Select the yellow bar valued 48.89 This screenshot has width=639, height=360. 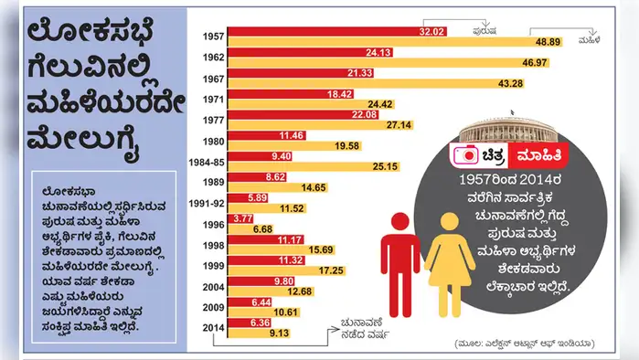click(x=393, y=42)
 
